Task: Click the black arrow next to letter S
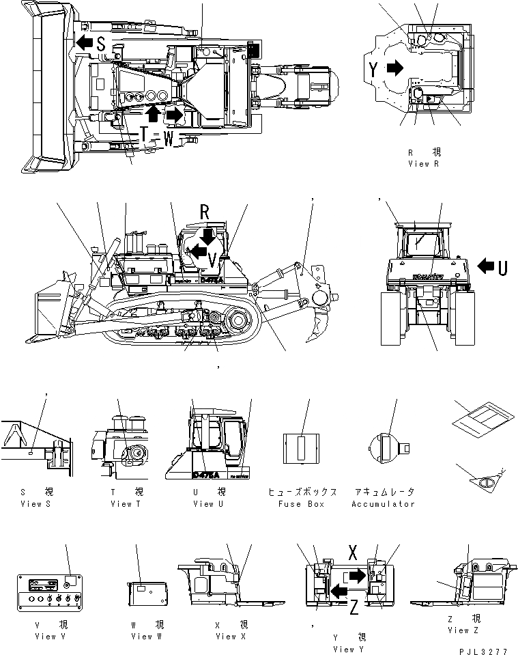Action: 84,44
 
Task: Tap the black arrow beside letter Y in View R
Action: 394,68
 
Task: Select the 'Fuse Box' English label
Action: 302,504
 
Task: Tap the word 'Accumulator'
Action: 383,504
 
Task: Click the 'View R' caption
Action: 429,163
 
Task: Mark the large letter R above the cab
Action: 204,212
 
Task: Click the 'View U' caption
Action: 213,504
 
